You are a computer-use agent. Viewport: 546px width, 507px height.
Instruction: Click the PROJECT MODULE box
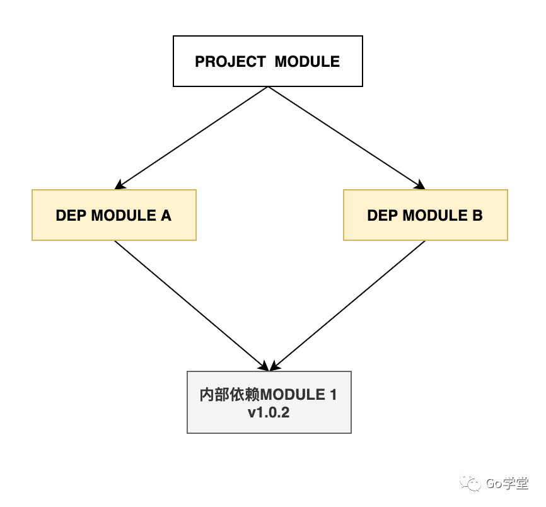point(268,61)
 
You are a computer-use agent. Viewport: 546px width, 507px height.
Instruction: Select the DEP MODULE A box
point(114,215)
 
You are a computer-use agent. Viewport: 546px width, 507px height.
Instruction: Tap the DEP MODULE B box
point(425,215)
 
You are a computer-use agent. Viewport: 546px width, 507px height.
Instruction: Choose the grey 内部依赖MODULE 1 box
point(269,402)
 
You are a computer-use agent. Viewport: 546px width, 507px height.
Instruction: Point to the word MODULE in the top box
point(307,62)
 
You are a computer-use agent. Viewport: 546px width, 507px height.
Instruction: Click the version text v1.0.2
point(269,414)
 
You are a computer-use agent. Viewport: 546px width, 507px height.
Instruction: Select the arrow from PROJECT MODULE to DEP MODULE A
point(192,138)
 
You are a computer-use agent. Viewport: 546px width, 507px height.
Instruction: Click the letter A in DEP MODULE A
point(166,215)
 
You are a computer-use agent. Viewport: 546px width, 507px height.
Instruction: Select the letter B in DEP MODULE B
point(477,215)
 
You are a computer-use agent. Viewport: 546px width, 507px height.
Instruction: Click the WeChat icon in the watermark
point(471,484)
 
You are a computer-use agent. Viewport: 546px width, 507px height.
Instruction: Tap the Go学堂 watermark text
point(507,484)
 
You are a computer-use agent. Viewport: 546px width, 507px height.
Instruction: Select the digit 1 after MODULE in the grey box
point(332,395)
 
